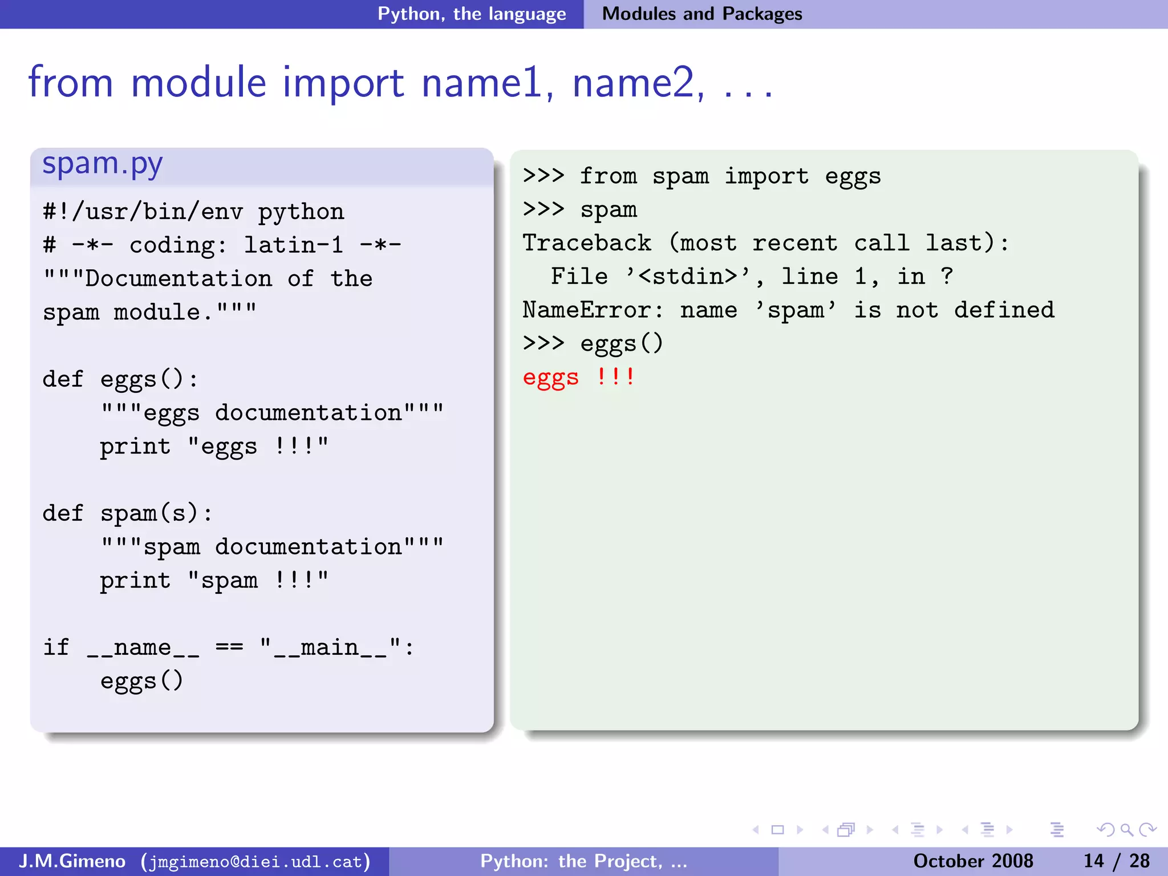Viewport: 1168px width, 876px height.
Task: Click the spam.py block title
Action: tap(103, 164)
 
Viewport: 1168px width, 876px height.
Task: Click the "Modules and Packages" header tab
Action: tap(701, 14)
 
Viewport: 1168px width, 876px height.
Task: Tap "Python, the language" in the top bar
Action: tap(472, 14)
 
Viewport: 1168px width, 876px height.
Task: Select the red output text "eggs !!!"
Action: tap(578, 378)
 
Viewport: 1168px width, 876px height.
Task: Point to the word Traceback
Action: tap(586, 244)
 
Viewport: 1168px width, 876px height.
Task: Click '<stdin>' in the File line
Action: tap(688, 277)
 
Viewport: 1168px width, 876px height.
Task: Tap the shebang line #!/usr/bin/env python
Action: tap(193, 212)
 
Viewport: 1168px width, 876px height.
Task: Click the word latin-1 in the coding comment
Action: tap(294, 246)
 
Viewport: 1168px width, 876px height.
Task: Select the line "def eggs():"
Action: tap(120, 380)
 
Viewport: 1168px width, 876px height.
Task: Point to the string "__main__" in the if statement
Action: tap(330, 648)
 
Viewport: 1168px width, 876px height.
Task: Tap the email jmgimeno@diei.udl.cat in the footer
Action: tap(256, 861)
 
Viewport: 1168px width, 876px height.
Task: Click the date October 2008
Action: tap(973, 861)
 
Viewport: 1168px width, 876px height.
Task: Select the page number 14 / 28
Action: tap(1116, 861)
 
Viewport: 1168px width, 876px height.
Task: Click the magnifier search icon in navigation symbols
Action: tap(1126, 830)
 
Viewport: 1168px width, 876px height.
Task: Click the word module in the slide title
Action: tap(198, 83)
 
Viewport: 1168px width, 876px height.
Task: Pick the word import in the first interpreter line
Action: tap(766, 177)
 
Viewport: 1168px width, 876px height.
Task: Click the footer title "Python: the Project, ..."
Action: tap(583, 861)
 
